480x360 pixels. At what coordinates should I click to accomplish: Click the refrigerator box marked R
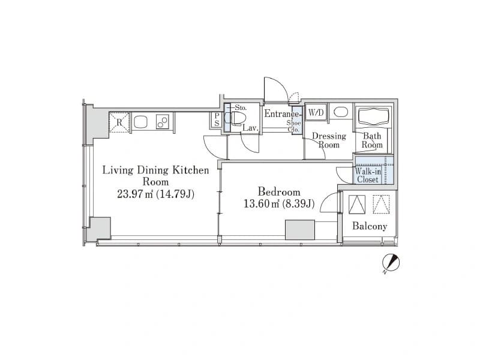click(x=119, y=122)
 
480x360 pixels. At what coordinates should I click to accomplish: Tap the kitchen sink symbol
click(x=140, y=122)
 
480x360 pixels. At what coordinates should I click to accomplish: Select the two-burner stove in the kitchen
click(x=162, y=122)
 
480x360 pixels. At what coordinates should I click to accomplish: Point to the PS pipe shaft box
click(x=217, y=119)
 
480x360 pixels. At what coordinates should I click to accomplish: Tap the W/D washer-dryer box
click(x=316, y=113)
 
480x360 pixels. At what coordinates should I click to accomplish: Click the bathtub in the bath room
click(x=373, y=116)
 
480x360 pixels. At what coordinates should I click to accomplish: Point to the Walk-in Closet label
click(x=368, y=175)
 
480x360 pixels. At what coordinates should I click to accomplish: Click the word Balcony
click(x=370, y=226)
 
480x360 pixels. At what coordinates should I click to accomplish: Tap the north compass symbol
click(x=391, y=263)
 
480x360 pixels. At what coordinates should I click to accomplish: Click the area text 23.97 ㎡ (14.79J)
click(x=156, y=194)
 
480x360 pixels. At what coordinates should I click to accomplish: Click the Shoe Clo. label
click(x=294, y=126)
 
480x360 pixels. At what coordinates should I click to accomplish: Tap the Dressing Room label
click(x=329, y=140)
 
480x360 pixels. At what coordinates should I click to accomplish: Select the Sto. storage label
click(x=241, y=108)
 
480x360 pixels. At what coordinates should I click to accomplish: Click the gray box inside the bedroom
click(x=300, y=230)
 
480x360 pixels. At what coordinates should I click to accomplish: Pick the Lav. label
click(x=251, y=128)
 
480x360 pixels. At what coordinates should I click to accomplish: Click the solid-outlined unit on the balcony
click(x=357, y=205)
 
